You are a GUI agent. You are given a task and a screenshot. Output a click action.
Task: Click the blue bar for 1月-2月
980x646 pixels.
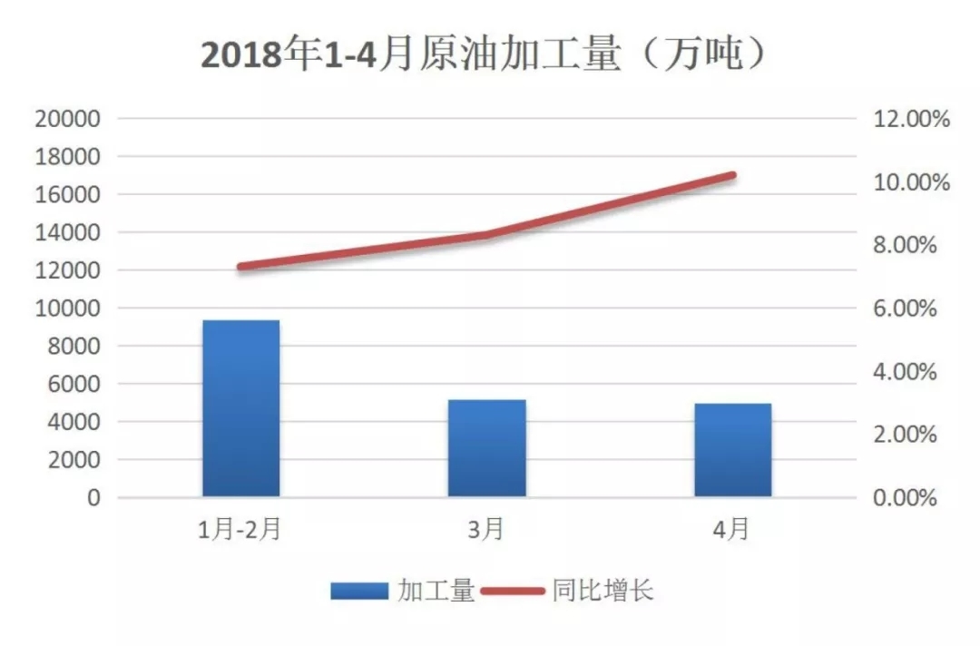pyautogui.click(x=240, y=408)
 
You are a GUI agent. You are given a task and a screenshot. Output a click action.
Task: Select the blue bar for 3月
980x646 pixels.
pyautogui.click(x=487, y=448)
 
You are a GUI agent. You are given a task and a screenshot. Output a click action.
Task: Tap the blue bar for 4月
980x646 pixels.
pyautogui.click(x=733, y=450)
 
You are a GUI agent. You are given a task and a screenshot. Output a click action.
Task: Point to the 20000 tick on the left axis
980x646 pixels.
pyautogui.click(x=68, y=119)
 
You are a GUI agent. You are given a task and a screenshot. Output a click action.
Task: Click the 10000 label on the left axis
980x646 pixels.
pyautogui.click(x=68, y=308)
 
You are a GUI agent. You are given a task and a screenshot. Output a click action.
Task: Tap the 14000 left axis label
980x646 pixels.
pyautogui.click(x=68, y=233)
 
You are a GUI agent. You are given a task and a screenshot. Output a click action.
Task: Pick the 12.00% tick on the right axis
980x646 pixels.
pyautogui.click(x=909, y=119)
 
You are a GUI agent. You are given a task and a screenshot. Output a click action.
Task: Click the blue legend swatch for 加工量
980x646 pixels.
pyautogui.click(x=360, y=592)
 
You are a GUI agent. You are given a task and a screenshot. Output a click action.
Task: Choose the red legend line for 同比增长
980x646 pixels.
pyautogui.click(x=512, y=592)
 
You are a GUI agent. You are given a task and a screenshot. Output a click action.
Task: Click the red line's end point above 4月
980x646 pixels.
pyautogui.click(x=732, y=175)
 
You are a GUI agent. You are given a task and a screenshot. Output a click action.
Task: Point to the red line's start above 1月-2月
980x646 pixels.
pyautogui.click(x=241, y=267)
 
